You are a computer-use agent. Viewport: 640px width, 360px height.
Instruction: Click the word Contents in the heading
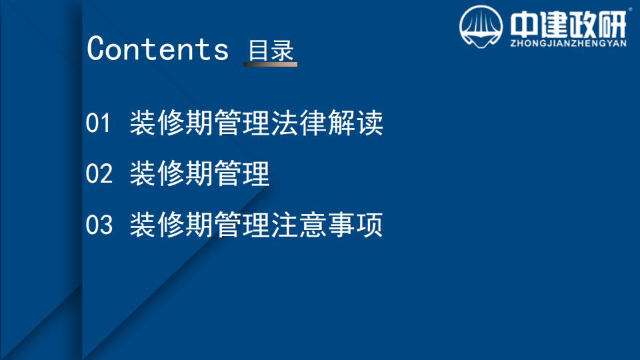pos(157,49)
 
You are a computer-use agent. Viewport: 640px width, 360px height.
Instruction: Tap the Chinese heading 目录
pos(271,51)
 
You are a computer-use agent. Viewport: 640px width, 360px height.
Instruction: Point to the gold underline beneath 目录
pos(270,64)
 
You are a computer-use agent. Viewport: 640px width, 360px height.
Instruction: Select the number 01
pos(98,123)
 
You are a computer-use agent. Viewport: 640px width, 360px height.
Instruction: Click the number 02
pos(99,173)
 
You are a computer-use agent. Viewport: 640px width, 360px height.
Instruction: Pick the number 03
pos(99,225)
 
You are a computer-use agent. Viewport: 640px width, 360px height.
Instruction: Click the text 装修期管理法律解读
pos(256,123)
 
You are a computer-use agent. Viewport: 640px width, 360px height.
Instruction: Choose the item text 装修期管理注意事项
pos(256,225)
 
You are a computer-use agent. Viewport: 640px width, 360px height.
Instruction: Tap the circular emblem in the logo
pos(481,27)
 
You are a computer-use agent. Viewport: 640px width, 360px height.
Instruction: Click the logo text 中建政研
pos(568,25)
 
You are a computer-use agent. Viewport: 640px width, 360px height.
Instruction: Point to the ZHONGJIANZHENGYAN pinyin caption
pos(568,43)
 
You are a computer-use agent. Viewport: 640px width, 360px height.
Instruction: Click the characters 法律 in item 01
pos(299,123)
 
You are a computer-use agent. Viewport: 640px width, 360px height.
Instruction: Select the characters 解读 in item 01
pos(355,123)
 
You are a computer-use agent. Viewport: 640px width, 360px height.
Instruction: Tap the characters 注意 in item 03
pos(299,225)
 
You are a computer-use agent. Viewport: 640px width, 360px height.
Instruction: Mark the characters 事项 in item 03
pos(355,225)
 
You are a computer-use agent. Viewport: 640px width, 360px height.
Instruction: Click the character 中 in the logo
pos(524,25)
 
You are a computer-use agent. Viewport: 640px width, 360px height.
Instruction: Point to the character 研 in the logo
pos(613,25)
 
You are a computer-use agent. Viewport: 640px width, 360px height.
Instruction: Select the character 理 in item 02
pos(256,173)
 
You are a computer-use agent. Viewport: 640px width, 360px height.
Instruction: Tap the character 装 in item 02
pos(143,173)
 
